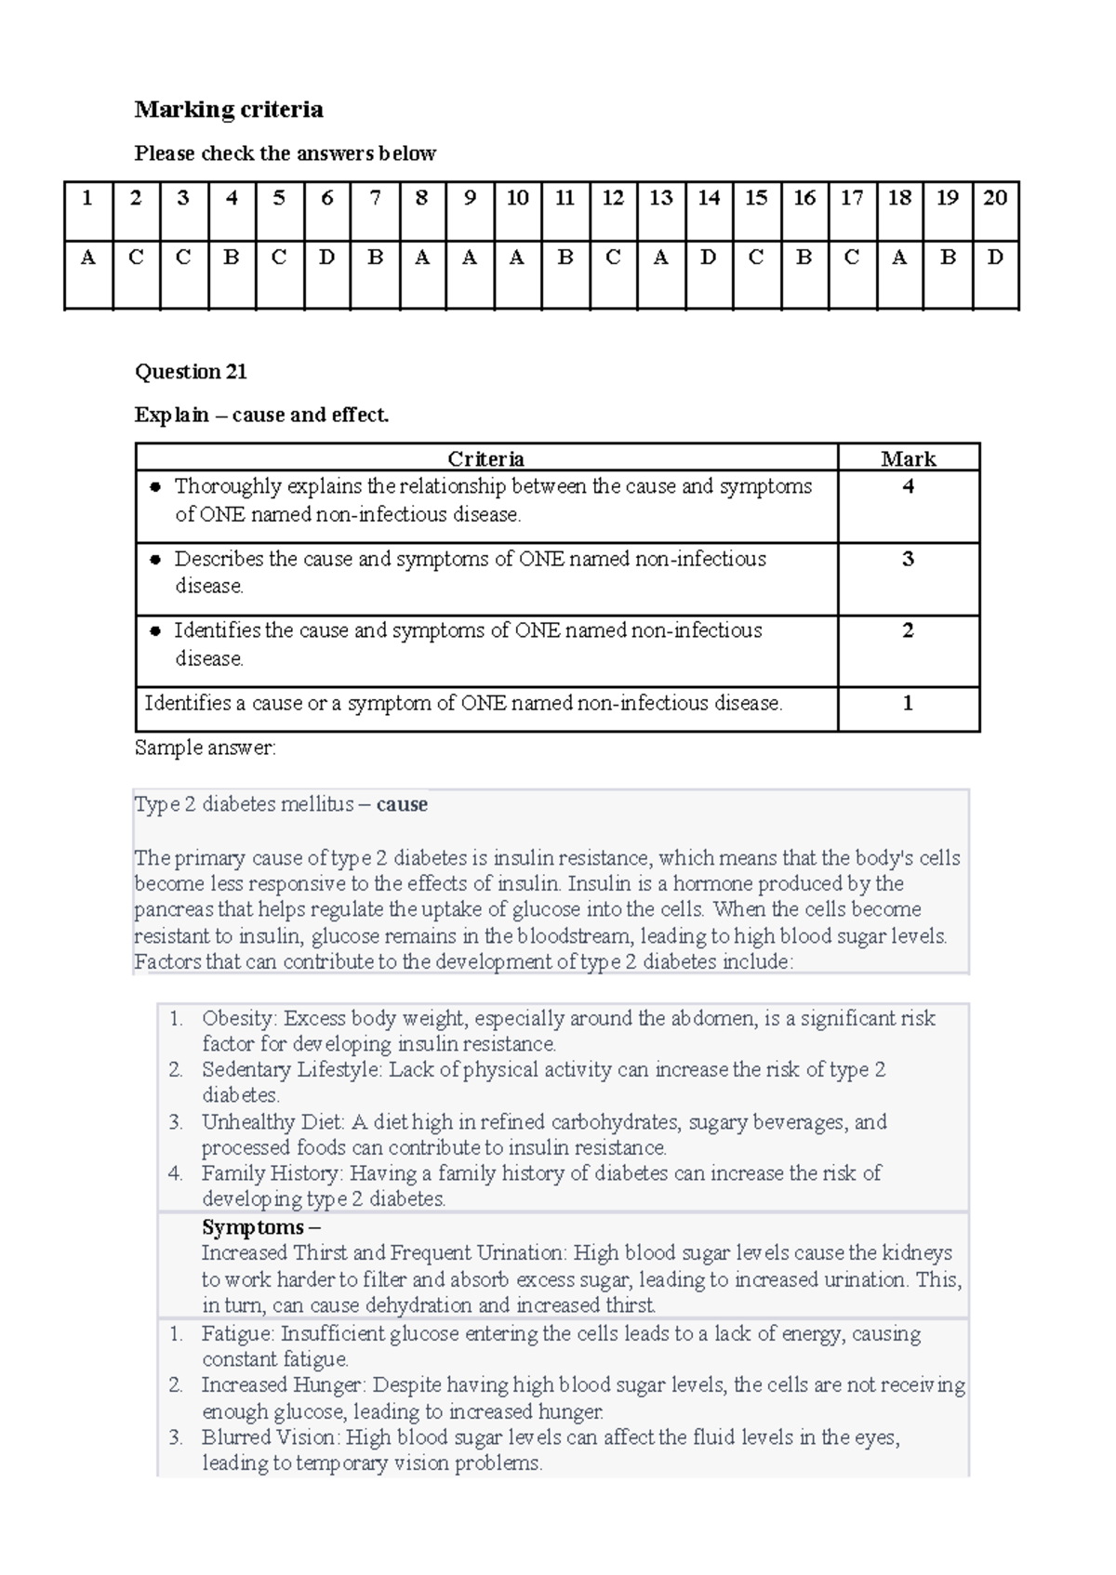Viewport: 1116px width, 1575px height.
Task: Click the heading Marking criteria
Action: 229,110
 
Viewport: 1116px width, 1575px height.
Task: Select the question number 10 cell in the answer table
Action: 517,197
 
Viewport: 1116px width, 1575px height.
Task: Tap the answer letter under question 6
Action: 326,258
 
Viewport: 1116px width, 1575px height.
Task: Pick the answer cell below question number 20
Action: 995,258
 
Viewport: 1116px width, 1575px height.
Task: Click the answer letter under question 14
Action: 709,258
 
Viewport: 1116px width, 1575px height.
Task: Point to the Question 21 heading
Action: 191,372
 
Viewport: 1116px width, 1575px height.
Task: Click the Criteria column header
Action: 485,458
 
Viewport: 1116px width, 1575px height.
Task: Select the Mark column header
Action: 908,458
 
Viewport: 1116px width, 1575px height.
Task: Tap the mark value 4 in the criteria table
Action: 908,486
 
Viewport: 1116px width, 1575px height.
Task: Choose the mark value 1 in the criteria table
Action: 908,703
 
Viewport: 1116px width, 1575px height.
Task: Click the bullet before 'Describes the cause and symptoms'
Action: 155,560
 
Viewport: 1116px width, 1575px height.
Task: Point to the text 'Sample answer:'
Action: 205,748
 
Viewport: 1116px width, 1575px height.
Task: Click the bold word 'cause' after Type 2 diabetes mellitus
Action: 402,804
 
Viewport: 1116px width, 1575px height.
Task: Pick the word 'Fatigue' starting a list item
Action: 238,1333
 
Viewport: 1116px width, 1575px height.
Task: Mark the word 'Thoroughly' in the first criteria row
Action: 228,486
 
